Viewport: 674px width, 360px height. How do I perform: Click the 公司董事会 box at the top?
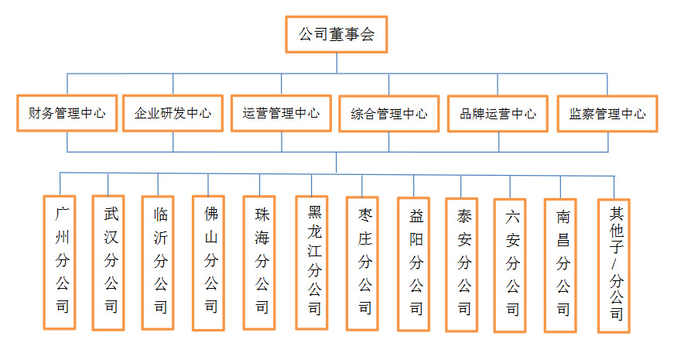point(337,34)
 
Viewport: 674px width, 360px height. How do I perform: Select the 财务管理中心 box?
point(67,113)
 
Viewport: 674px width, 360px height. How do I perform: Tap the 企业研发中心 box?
point(173,113)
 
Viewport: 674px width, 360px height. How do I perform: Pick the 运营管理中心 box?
point(281,113)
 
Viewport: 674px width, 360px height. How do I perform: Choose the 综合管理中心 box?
point(389,114)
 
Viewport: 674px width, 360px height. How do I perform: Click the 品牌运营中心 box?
point(498,114)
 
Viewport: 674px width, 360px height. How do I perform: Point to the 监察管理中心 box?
point(607,114)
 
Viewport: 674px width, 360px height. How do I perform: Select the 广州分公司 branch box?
point(60,262)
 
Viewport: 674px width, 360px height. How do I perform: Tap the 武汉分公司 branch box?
point(108,262)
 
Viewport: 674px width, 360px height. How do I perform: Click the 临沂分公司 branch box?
point(158,263)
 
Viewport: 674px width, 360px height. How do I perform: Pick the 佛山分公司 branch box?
point(208,263)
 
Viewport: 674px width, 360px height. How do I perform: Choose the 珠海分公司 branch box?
point(259,262)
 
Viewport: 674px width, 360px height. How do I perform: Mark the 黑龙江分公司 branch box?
point(312,262)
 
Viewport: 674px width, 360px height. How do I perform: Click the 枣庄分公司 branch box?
point(362,264)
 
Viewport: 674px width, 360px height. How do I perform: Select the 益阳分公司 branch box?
point(413,264)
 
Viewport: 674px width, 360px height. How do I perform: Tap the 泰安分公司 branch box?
point(462,265)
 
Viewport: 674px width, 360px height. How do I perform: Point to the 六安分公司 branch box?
point(510,266)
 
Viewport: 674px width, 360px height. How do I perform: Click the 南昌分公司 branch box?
point(560,266)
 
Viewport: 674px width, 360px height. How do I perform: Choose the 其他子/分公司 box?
point(614,266)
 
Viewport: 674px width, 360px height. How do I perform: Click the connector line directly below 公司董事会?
point(337,63)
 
